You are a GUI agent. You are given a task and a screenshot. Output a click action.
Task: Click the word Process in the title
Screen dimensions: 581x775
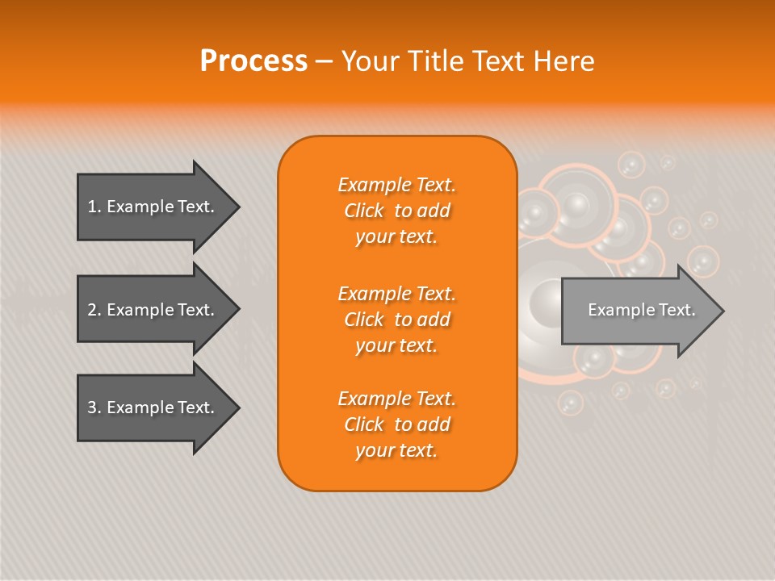[x=253, y=61]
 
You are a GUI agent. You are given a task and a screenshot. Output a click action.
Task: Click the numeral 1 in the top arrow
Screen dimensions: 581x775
[x=93, y=207]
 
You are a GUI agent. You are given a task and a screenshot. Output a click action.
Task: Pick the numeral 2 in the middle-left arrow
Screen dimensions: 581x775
[x=93, y=310]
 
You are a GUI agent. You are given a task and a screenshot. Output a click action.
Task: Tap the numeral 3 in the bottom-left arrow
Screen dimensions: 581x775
[x=93, y=408]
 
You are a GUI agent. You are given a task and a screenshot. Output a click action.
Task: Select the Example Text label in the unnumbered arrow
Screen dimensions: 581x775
[x=641, y=310]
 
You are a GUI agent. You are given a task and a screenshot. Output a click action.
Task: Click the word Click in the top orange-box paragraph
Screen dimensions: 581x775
[x=364, y=211]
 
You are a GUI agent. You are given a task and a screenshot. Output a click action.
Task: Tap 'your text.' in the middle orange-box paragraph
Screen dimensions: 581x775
[x=396, y=345]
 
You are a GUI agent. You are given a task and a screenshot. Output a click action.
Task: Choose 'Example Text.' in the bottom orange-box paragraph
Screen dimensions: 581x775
[x=396, y=399]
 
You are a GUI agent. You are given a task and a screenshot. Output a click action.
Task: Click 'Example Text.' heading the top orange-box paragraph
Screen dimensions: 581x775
[x=396, y=185]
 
